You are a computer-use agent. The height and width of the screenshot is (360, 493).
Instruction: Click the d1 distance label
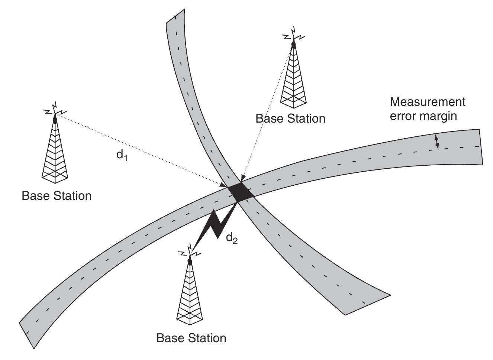122,155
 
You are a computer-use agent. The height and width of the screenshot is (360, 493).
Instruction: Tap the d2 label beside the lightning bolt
232,238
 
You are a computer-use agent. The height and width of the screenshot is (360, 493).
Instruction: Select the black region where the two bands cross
240,192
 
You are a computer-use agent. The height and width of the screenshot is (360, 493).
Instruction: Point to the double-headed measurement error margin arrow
437,142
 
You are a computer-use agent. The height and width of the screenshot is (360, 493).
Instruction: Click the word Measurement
427,102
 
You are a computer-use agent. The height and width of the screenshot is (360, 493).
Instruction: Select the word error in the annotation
403,116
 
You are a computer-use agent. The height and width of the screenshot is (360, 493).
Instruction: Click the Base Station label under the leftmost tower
57,196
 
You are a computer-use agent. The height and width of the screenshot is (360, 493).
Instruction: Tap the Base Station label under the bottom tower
191,338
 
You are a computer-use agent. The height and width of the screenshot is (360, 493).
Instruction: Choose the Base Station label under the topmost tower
290,119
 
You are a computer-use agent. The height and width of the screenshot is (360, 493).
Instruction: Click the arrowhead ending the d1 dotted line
223,185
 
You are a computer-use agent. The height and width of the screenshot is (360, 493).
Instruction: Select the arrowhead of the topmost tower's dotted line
242,179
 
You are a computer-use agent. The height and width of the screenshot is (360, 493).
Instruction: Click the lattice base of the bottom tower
190,315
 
